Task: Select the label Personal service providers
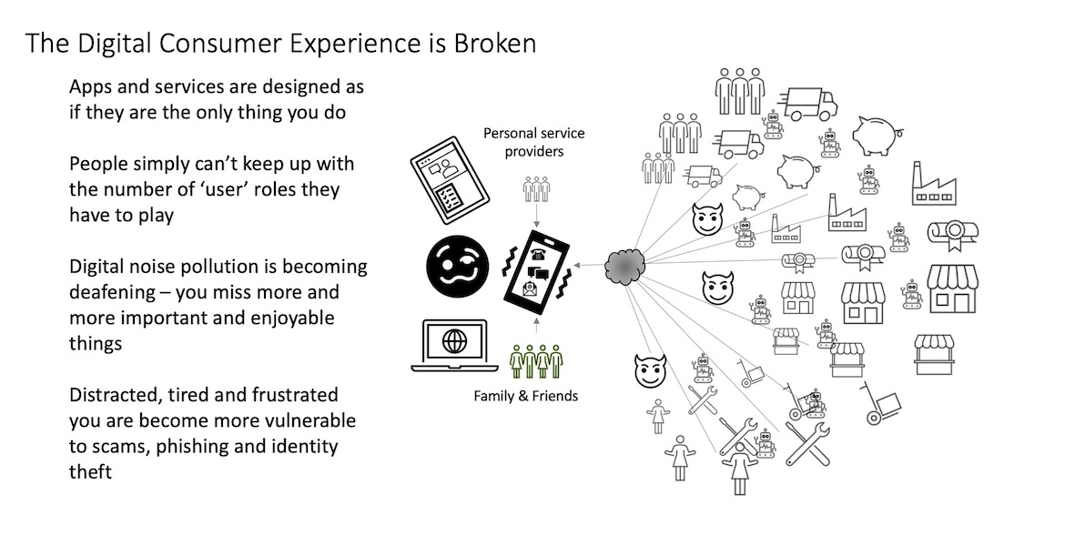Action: (x=533, y=142)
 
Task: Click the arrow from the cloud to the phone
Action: (x=593, y=266)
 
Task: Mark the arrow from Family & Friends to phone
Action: (x=538, y=328)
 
